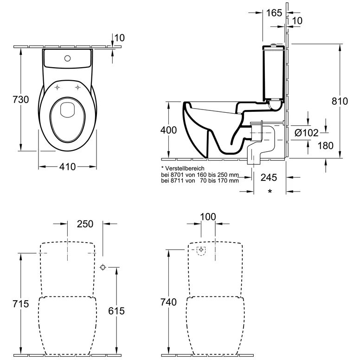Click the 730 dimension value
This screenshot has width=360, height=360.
tap(21, 100)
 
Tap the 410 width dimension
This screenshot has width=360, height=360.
tap(67, 167)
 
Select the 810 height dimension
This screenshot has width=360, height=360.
tap(340, 101)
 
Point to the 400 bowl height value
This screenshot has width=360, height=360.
tap(168, 130)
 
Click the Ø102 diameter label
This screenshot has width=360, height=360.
tap(307, 133)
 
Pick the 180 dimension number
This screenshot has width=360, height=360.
tap(325, 146)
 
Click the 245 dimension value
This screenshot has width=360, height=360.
tap(269, 178)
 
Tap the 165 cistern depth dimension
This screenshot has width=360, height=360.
tap(274, 13)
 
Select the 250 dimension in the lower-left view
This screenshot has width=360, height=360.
tap(85, 224)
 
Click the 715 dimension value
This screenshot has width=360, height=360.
tap(21, 304)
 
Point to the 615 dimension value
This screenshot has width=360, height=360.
tap(116, 311)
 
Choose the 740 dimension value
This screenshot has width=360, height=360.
tap(168, 302)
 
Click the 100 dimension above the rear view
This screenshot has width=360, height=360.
tap(208, 217)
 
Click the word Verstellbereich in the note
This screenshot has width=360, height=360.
tap(185, 169)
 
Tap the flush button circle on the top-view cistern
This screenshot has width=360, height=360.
tap(68, 58)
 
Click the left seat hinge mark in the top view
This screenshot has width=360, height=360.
tap(58, 88)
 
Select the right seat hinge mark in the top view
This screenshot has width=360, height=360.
tap(78, 88)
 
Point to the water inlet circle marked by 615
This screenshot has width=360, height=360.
tap(103, 267)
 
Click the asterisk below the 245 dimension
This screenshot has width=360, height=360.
tap(270, 191)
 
